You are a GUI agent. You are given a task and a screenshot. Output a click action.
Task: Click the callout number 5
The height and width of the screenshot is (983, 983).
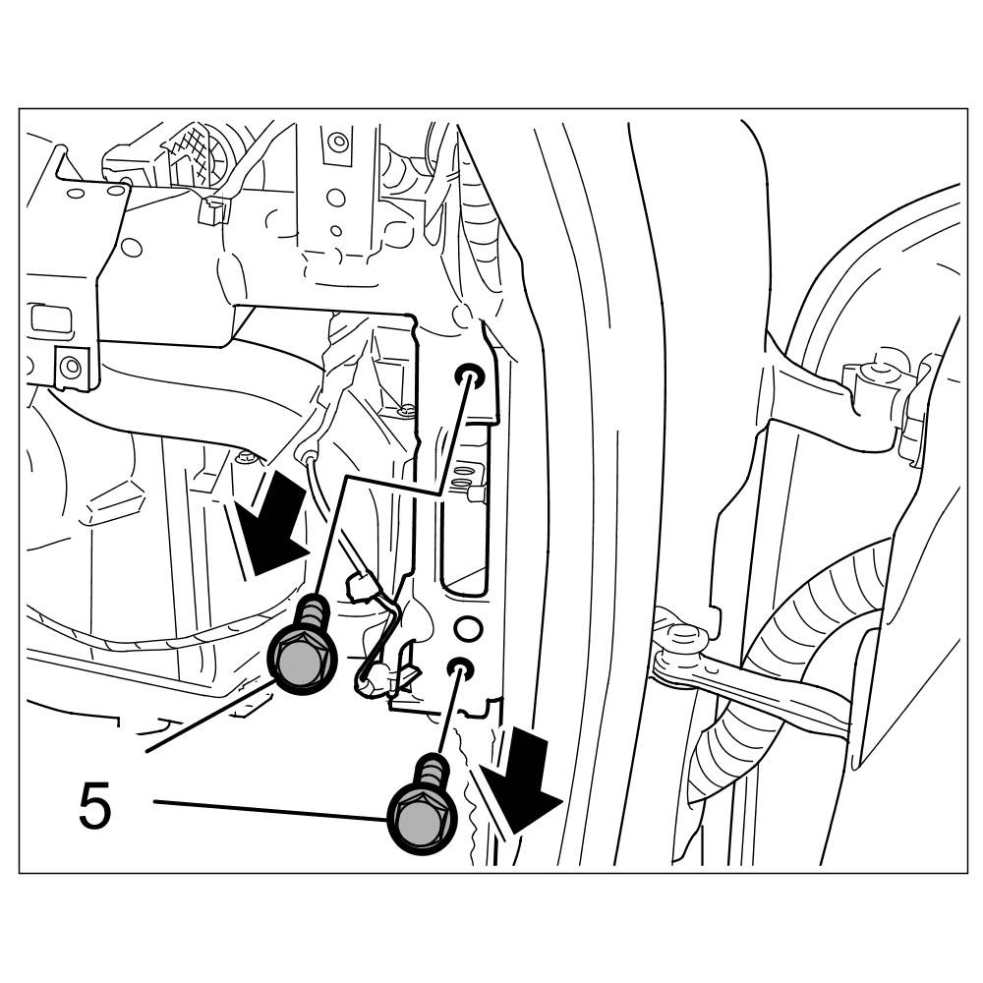(x=95, y=806)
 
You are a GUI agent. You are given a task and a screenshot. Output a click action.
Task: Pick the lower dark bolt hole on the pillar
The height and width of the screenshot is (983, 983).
(x=459, y=668)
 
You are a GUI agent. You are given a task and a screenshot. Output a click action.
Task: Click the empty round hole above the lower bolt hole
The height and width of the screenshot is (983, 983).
(x=469, y=627)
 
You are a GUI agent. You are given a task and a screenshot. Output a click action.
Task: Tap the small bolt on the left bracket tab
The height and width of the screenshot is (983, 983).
(x=69, y=368)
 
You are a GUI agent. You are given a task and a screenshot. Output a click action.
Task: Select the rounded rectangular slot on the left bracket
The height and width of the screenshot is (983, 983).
(x=46, y=318)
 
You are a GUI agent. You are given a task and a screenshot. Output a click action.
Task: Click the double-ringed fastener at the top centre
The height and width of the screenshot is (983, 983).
(x=338, y=142)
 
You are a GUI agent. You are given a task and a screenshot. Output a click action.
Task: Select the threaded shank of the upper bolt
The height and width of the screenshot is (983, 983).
(x=314, y=614)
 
